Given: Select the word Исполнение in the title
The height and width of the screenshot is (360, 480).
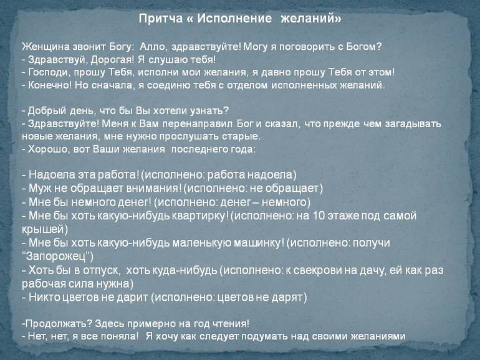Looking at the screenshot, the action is point(234,18).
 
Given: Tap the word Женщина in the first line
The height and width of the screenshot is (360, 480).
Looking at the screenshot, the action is point(46,47).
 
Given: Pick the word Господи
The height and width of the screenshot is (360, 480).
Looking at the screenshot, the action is point(49,72).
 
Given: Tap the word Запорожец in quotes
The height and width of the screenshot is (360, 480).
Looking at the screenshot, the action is point(57,256).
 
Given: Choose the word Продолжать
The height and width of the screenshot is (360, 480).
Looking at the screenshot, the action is point(58,324).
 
